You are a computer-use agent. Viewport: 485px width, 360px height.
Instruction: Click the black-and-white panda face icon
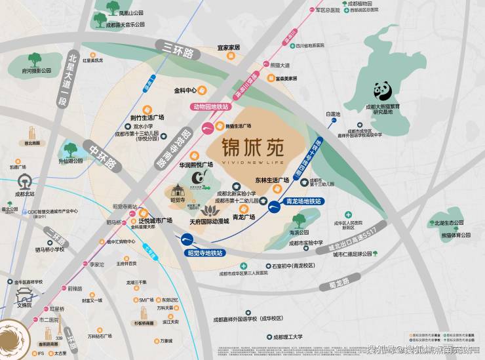tap(383, 91)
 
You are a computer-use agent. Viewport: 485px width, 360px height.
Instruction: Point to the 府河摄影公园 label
tap(37, 69)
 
